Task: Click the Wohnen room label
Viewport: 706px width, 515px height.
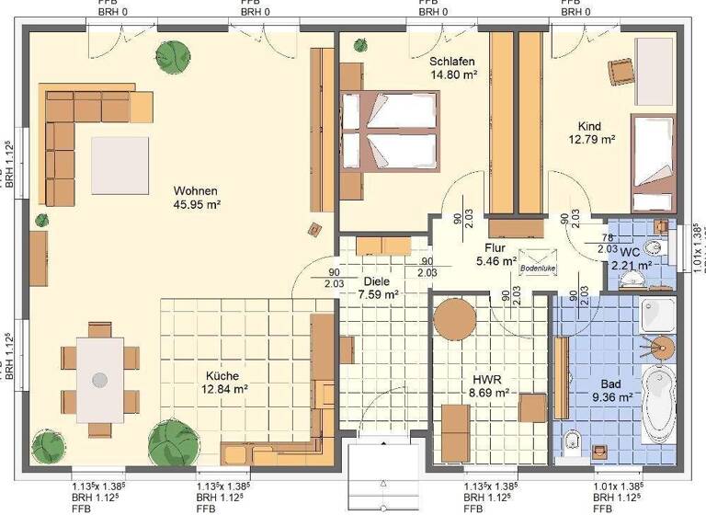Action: tap(197, 191)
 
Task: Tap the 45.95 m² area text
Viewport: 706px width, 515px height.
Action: tap(197, 205)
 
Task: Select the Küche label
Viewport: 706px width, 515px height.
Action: tap(222, 375)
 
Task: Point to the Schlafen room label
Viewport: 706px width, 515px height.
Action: tap(452, 62)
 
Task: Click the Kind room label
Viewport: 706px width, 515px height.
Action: tap(589, 126)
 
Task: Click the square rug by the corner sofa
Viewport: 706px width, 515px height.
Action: tap(119, 166)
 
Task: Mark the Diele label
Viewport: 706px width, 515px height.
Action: tap(377, 281)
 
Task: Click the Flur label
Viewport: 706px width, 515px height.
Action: tap(495, 247)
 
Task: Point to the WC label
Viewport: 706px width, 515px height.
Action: tap(630, 251)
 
